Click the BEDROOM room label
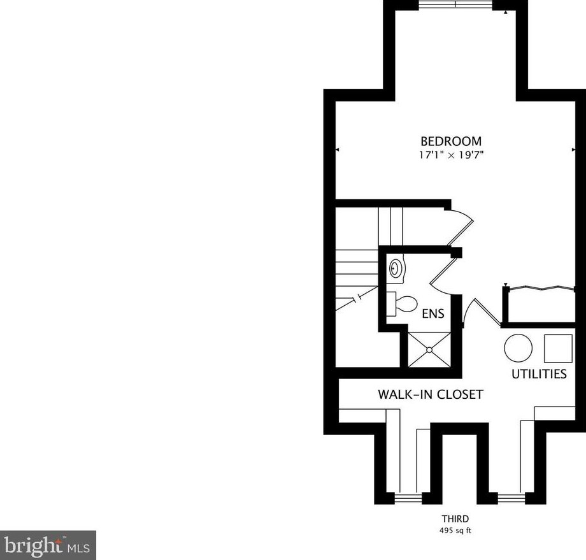[451, 141]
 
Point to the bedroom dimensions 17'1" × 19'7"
[451, 155]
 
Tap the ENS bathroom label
[433, 314]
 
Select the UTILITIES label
[539, 374]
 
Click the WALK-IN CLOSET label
[431, 395]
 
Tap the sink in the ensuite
[397, 268]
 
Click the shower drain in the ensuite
[430, 349]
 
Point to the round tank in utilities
[518, 348]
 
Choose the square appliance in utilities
[558, 347]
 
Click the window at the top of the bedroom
[455, 4]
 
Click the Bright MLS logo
[48, 545]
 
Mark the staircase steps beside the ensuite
[357, 271]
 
